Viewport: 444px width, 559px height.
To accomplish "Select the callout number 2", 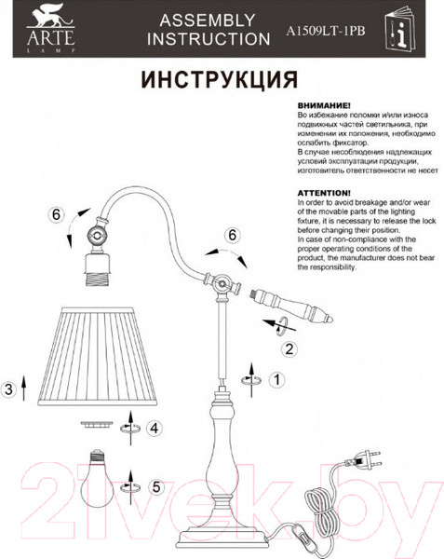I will [289, 349].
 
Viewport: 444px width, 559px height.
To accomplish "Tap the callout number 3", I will [8, 389].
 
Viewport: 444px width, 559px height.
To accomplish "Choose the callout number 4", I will [155, 428].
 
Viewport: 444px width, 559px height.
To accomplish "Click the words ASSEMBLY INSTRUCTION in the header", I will [209, 30].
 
